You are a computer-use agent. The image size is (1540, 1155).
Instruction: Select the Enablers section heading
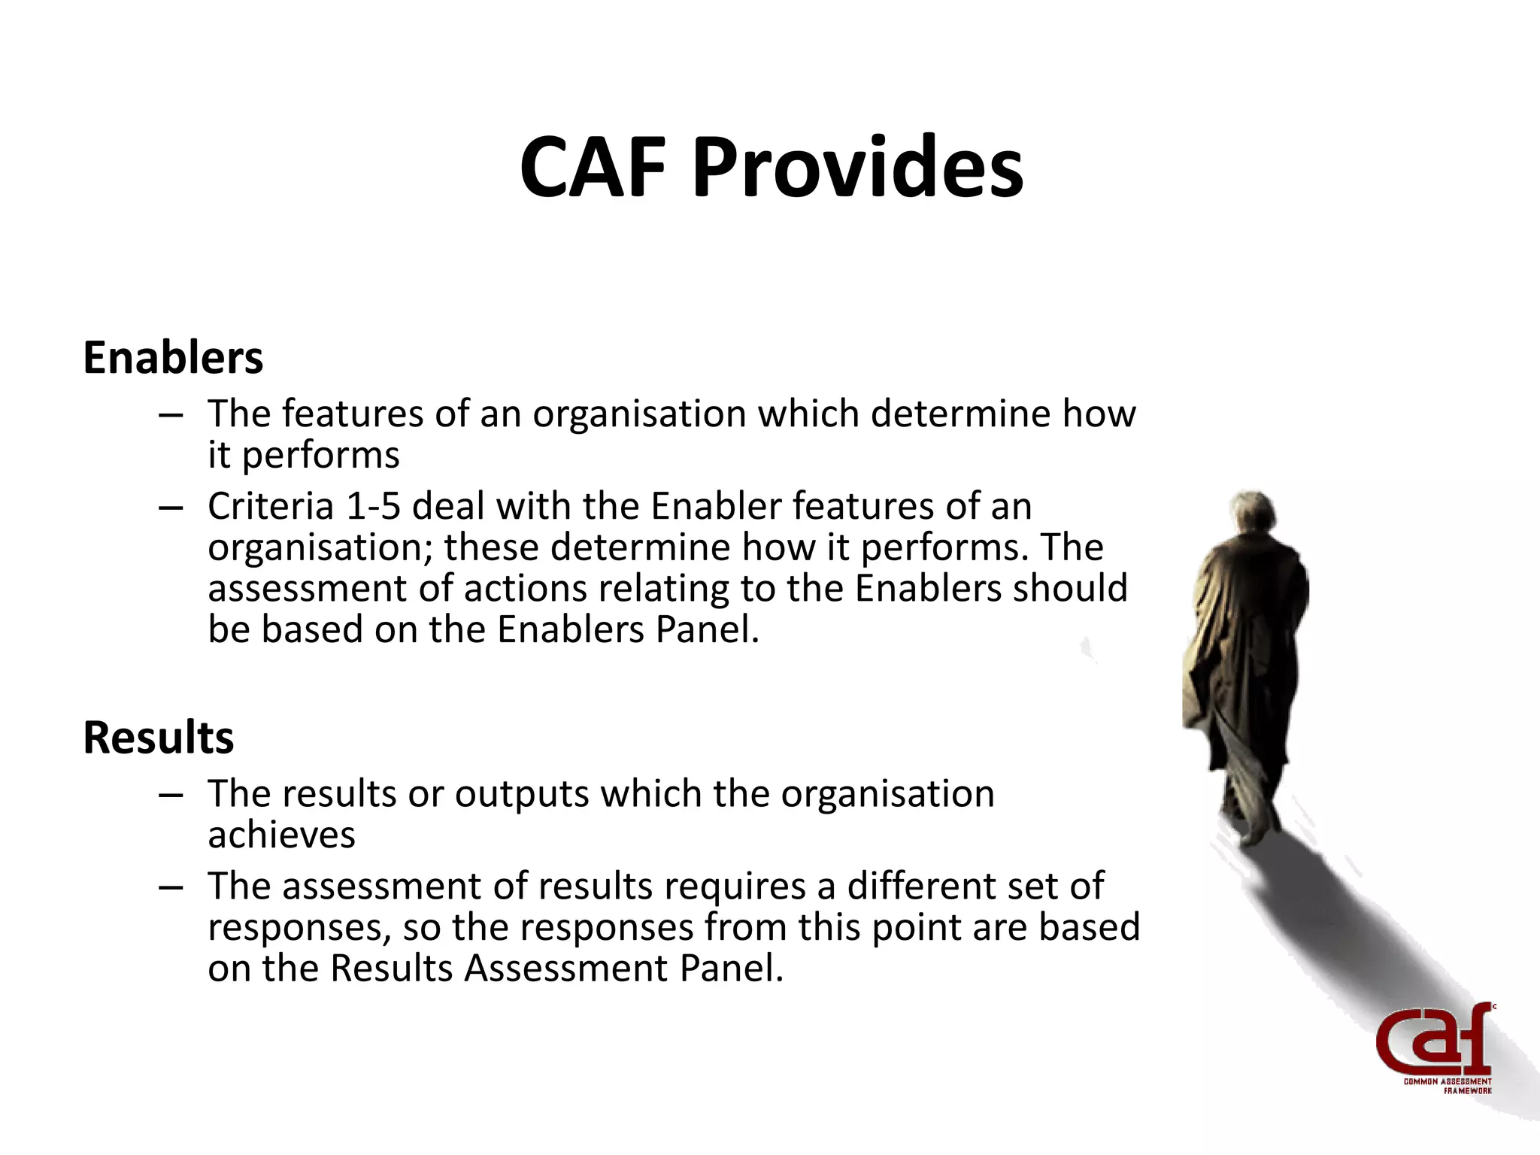pos(173,357)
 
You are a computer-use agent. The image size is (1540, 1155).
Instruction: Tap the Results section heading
pos(158,737)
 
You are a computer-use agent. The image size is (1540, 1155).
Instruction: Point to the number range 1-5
pos(372,506)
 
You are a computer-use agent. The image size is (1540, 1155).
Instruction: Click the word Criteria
pos(271,506)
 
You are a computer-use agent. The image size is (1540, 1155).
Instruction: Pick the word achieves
pos(281,835)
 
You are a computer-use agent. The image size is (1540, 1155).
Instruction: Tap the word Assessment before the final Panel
pos(565,968)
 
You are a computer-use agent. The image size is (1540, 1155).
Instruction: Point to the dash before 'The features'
pos(171,415)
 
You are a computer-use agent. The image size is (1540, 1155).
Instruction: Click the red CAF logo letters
pos(1432,1041)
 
